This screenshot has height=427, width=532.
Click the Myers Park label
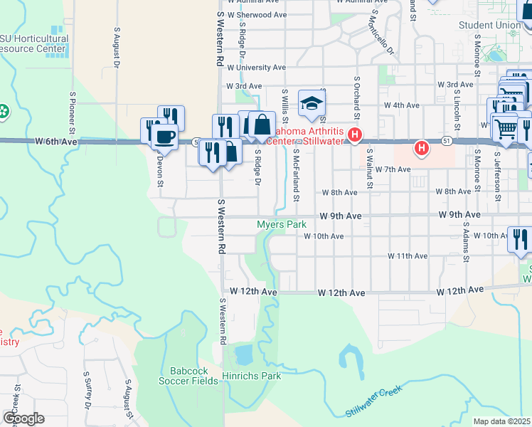pos(281,224)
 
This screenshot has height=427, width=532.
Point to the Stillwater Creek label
pos(373,401)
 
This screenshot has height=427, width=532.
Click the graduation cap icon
pos(311,104)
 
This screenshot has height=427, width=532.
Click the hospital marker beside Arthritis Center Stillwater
pos(353,134)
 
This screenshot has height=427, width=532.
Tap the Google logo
pos(24,418)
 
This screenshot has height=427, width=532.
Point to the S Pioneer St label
pos(72,112)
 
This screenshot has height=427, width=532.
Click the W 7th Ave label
pos(397,169)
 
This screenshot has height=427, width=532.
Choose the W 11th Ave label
pos(408,255)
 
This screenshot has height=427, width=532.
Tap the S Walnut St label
pos(370,169)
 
